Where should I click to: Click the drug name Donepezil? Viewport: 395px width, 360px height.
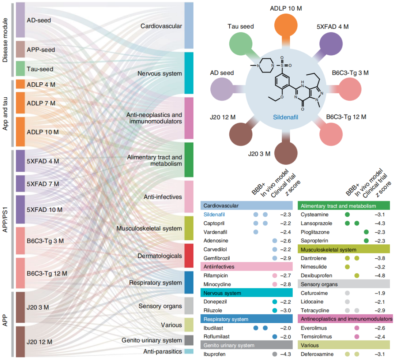[x=215, y=302]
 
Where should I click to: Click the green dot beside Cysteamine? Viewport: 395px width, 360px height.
[x=347, y=215]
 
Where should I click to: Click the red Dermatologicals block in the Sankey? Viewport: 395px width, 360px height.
[x=189, y=255]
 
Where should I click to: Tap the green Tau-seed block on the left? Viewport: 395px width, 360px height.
[x=20, y=69]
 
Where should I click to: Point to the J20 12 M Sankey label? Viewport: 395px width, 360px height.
[x=39, y=342]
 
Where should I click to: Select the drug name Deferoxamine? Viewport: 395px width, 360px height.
[x=317, y=354]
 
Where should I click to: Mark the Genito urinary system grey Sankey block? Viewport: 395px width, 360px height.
[x=189, y=340]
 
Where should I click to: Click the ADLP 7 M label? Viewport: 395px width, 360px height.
[x=41, y=104]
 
